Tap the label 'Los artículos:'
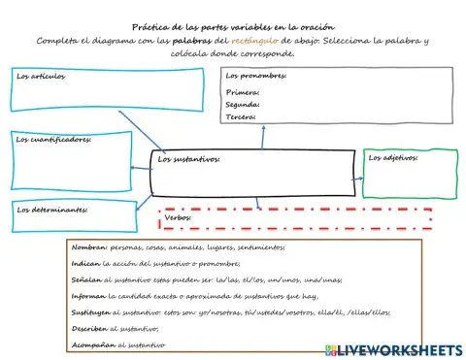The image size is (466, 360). [x=42, y=75]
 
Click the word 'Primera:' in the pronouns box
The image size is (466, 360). [x=242, y=92]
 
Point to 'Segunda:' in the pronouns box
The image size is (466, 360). [x=243, y=104]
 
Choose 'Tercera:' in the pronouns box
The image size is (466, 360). [x=241, y=116]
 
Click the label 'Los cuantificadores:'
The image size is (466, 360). [x=53, y=139]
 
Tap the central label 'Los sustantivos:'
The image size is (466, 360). [x=189, y=158]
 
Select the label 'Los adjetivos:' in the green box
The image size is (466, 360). [x=393, y=156]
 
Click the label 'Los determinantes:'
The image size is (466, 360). [x=52, y=209]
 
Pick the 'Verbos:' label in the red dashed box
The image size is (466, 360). [x=178, y=218]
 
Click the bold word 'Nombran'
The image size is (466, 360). [x=90, y=247]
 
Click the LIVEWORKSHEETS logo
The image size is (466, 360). [x=398, y=348]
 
